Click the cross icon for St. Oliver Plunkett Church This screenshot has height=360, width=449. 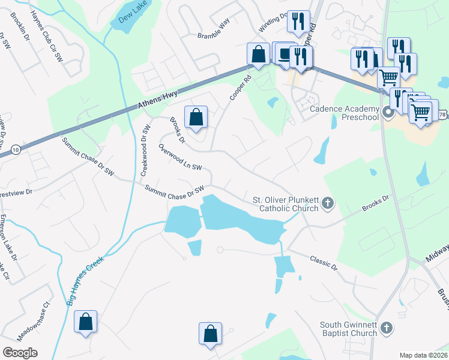(328, 203)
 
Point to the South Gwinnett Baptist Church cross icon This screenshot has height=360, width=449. (387, 328)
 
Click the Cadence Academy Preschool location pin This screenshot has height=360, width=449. (387, 112)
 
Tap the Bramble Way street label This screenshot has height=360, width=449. (214, 35)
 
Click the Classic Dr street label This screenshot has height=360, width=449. (324, 262)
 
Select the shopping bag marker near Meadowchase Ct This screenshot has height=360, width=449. (86, 322)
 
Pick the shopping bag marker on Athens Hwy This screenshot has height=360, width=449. (258, 54)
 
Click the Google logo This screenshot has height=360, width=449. (20, 352)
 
